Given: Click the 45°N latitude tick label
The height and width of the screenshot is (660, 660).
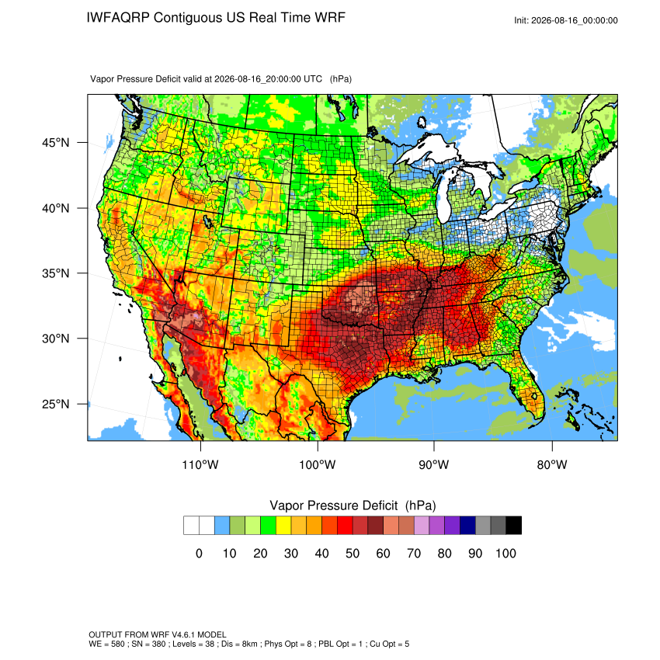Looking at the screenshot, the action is pos(56,143).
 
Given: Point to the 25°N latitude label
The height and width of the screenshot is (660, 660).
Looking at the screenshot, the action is pos(56,405).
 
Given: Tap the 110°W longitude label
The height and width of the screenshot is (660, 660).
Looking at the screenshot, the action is pos(200,465).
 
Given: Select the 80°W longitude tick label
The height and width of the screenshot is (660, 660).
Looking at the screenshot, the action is pos(552,465).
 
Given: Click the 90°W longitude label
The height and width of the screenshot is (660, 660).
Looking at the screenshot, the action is pos(433,465).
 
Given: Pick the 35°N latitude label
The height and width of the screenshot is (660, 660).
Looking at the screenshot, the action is pos(56,273).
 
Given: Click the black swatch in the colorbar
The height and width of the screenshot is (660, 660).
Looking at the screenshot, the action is pos(514,526).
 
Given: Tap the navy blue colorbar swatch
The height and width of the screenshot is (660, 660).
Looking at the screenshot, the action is pos(467,526).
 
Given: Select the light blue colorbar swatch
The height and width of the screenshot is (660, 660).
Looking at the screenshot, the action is pos(222,526).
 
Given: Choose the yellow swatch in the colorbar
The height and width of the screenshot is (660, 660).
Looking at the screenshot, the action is pos(283,526).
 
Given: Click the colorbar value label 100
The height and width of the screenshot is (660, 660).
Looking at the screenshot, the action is pos(505,554).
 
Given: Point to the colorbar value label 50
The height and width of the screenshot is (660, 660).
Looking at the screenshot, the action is pos(353,554).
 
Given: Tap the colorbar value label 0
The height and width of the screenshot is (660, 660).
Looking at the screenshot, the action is pos(199,554).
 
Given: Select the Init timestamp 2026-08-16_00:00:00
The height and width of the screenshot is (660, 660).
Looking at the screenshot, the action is pos(575,21).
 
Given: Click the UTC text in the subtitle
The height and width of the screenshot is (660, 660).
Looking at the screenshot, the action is pos(313,79).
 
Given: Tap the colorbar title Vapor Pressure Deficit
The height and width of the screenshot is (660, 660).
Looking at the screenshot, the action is pos(333,505).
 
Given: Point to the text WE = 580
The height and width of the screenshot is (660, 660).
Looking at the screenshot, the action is pos(106,644).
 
